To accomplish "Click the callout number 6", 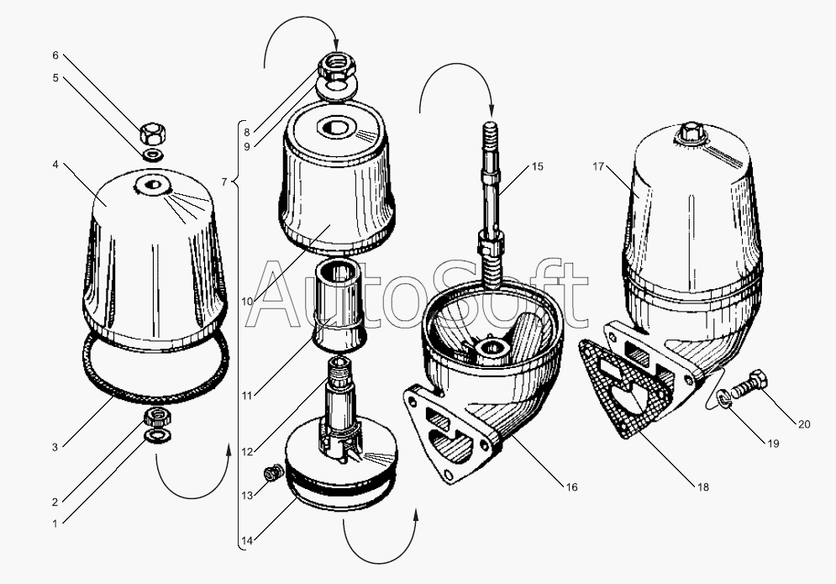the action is [x=55, y=55].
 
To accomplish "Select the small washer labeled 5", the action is [x=154, y=155].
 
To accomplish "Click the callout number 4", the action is [x=55, y=164].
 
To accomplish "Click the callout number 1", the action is [x=55, y=523].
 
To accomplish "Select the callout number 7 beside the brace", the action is [x=225, y=182].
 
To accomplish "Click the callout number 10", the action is [x=247, y=302].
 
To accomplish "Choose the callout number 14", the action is [x=246, y=541].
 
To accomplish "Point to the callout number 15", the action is [x=538, y=167].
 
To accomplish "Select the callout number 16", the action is [x=571, y=487].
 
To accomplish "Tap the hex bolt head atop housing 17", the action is [x=691, y=131].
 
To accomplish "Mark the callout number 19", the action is [x=773, y=444].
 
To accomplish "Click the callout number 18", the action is [x=703, y=487].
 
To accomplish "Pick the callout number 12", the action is [x=247, y=452].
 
